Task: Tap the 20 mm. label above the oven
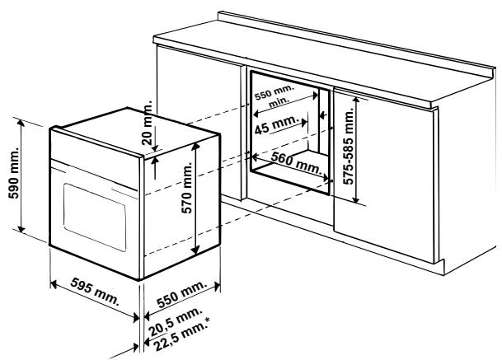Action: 147,124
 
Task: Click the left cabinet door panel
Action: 198,107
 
